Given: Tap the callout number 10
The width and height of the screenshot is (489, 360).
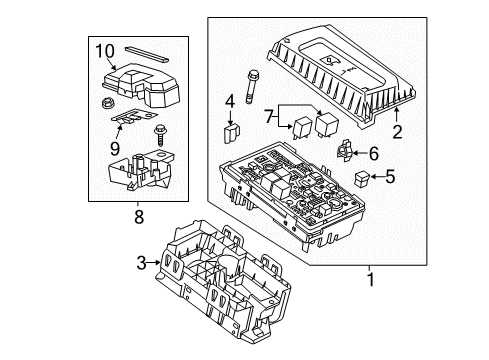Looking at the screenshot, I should pos(105,50).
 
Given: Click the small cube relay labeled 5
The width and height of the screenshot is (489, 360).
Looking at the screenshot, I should pos(361,181).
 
